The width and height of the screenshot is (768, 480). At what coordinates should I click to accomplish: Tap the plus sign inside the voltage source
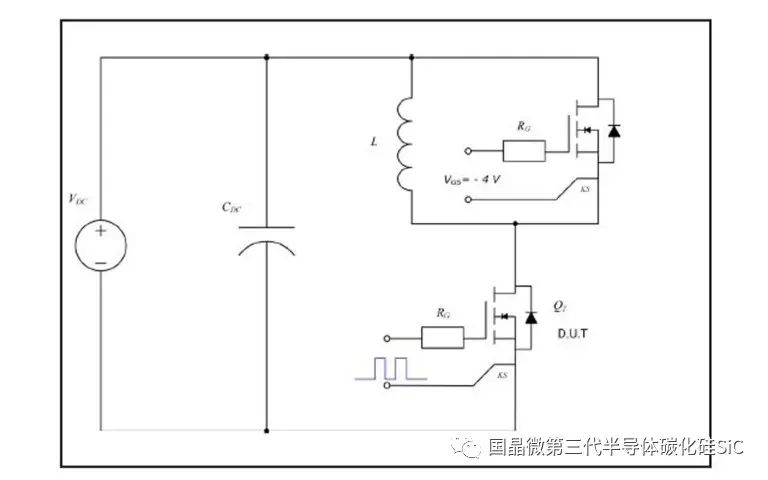(101, 232)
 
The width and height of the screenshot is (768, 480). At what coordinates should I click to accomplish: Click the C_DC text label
(231, 208)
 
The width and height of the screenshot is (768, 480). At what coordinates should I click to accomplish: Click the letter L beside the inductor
(374, 143)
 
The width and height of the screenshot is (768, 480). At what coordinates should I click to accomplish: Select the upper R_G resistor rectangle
(523, 152)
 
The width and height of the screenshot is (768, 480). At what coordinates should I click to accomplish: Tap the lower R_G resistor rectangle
(443, 337)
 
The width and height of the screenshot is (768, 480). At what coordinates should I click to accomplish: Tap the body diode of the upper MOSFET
(613, 129)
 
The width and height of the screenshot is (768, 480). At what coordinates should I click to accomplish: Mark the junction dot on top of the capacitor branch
(267, 57)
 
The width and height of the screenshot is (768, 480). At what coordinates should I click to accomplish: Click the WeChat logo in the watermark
(468, 447)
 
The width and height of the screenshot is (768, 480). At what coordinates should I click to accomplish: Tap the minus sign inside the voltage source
(101, 261)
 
